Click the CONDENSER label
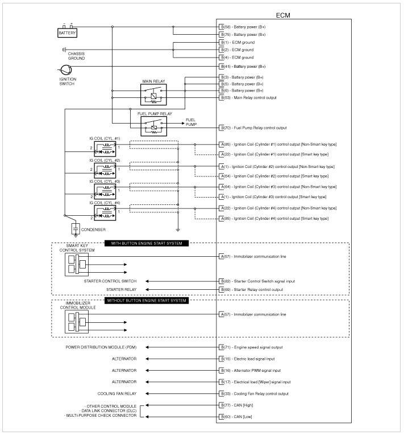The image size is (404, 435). click(94, 230)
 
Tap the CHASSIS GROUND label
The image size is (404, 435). click(76, 56)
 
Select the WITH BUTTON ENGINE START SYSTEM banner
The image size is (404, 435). click(146, 244)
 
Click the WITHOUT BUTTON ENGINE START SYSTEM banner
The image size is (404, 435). click(146, 300)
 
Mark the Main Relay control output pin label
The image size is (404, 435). click(253, 97)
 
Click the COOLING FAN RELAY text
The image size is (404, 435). click(116, 393)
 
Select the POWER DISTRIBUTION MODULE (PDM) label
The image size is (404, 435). click(101, 347)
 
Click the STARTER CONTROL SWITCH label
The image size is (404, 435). click(110, 281)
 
